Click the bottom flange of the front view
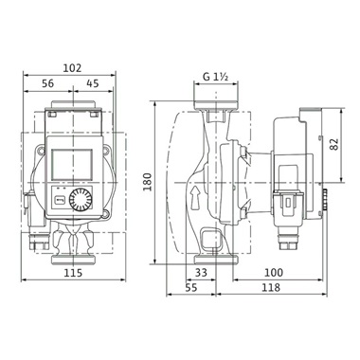click(72, 254)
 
